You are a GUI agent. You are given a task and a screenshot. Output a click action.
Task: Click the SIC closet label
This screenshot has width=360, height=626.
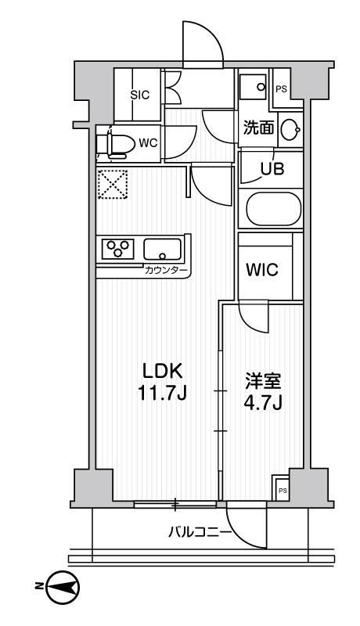pos(139,95)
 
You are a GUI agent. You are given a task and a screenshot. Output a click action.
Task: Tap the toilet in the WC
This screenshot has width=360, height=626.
pos(115,144)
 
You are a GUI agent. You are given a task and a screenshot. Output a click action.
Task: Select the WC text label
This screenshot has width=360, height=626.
pos(149,143)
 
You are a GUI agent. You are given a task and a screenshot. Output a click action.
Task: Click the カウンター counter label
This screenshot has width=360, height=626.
pos(166,271)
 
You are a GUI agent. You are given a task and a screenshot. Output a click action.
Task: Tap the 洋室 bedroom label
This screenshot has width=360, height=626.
pos(259,383)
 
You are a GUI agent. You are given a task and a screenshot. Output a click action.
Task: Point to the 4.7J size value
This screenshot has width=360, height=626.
pos(259,405)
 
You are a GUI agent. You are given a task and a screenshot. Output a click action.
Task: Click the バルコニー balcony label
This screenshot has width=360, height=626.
pos(199,534)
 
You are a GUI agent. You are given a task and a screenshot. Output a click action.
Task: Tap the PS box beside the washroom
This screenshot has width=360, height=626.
pos(280,88)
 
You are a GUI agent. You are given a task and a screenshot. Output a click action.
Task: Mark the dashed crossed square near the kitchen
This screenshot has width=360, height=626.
pos(110,186)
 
